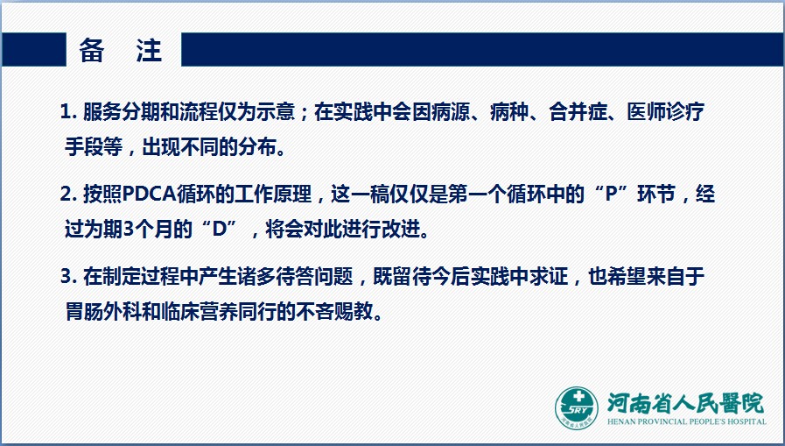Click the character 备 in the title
[92, 50]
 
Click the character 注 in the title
[149, 50]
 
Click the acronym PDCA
[149, 195]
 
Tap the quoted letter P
[610, 195]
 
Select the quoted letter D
[220, 230]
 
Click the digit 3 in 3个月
[129, 230]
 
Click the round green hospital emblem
[576, 408]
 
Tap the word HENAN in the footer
[621, 421]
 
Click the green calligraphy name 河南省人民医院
[685, 403]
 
